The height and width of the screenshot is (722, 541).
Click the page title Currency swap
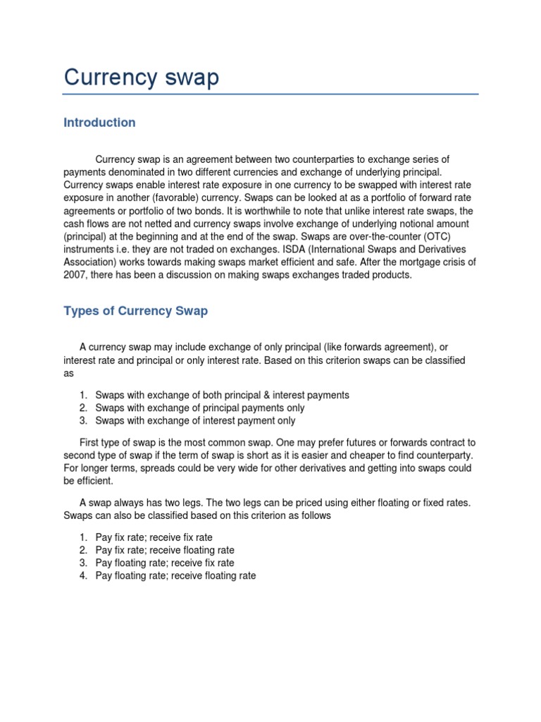[141, 77]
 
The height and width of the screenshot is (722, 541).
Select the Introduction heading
[99, 123]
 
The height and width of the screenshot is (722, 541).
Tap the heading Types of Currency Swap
[135, 311]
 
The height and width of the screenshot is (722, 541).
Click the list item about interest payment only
[195, 421]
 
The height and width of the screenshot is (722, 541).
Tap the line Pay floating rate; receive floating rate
[175, 575]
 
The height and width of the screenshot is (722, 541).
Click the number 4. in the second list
[82, 575]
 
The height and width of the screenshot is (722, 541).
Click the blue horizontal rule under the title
[270, 94]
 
